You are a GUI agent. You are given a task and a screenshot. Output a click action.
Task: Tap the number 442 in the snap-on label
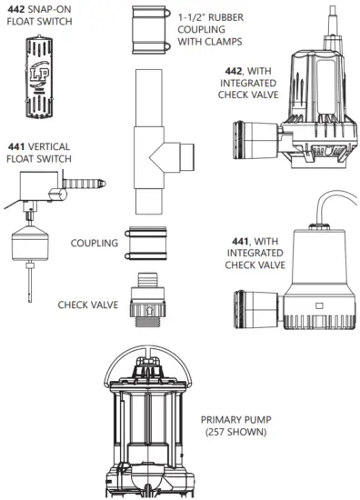(15, 9)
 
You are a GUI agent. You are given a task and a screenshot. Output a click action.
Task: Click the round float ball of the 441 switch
(28, 243)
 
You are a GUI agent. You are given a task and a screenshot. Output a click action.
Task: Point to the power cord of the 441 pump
(318, 211)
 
